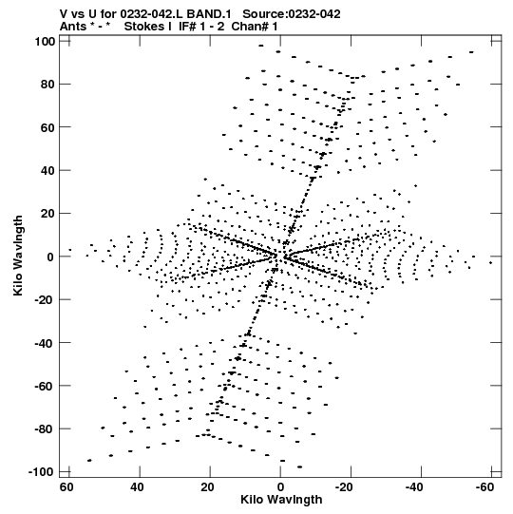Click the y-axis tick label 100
[46, 42]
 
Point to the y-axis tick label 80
[48, 85]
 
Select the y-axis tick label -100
[41, 472]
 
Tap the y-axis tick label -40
[45, 343]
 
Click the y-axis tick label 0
[50, 257]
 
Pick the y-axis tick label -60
[45, 386]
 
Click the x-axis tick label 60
[66, 487]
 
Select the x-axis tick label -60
[484, 487]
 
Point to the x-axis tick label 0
[280, 487]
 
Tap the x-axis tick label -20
[344, 487]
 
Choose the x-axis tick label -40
[414, 487]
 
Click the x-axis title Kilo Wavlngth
[281, 500]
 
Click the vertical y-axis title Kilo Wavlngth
[18, 256]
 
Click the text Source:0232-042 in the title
[292, 13]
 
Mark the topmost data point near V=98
[261, 46]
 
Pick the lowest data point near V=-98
[299, 466]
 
